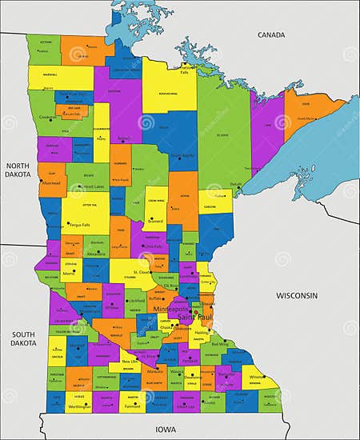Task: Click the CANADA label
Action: [271, 35]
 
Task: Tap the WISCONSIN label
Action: [298, 295]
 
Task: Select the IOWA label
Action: [166, 430]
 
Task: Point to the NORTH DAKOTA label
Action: [18, 170]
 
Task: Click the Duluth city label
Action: [236, 185]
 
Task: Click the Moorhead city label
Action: [52, 182]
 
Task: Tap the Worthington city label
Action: [79, 407]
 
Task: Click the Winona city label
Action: [256, 376]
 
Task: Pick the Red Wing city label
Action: [218, 344]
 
